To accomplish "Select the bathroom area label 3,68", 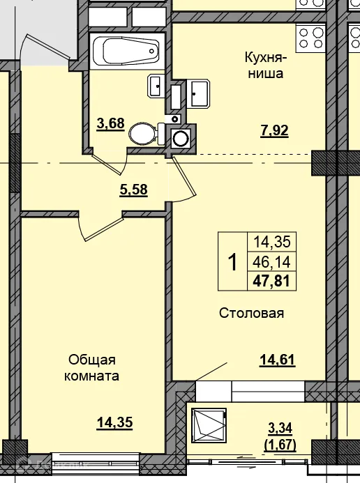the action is click(x=110, y=124).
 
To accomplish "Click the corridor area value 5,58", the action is click(x=133, y=190).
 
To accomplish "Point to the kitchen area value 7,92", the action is click(x=274, y=131).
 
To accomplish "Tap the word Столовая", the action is click(x=251, y=313).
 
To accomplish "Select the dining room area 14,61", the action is click(x=278, y=360).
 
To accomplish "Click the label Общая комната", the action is click(x=92, y=368).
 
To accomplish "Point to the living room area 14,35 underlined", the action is click(x=114, y=422).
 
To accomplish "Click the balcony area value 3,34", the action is click(x=280, y=428).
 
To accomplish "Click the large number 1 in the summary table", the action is click(x=233, y=262).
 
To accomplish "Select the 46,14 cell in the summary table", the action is click(x=272, y=262).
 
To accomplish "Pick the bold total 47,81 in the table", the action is click(x=272, y=281).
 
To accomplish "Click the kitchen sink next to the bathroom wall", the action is click(x=198, y=93).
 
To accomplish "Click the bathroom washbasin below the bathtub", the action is click(x=157, y=86).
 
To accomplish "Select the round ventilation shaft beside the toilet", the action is click(x=181, y=139).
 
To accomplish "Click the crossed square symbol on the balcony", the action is click(x=209, y=425).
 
